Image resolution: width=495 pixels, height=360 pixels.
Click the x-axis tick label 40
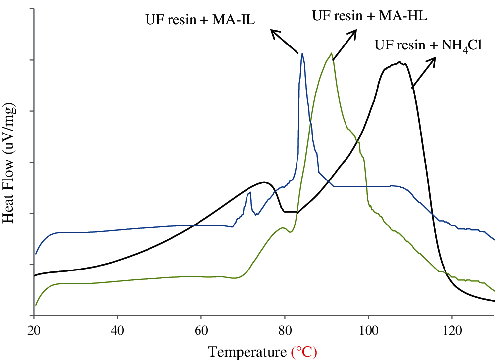(x=117, y=329)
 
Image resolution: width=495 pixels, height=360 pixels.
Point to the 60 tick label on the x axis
(x=201, y=329)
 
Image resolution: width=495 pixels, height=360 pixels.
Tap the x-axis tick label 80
(x=285, y=329)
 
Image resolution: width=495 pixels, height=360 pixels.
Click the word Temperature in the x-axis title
(x=247, y=352)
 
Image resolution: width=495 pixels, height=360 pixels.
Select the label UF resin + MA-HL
(x=369, y=15)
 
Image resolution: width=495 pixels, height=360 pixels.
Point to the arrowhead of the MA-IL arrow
(x=272, y=31)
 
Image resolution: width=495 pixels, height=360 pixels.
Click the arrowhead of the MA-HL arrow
(x=356, y=31)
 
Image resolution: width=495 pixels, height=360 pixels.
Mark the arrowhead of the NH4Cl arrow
(x=435, y=58)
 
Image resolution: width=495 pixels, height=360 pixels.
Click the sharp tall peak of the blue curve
(x=302, y=54)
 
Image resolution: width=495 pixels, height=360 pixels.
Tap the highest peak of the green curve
(x=331, y=53)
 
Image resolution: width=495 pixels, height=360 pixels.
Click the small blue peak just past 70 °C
(x=250, y=192)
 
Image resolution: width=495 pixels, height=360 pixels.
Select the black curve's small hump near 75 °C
(x=266, y=182)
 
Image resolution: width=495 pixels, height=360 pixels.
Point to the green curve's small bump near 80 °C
(x=283, y=228)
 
